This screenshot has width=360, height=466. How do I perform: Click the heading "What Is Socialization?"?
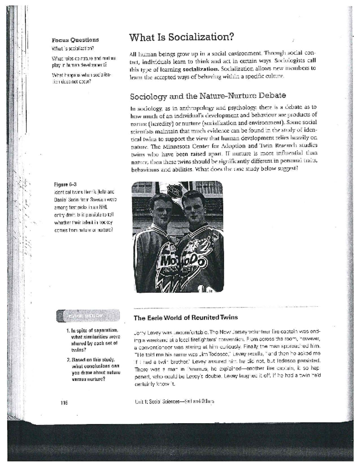click(x=181, y=38)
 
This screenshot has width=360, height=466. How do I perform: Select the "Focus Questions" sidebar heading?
click(x=75, y=40)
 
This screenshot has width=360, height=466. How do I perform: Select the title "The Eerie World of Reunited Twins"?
click(x=186, y=317)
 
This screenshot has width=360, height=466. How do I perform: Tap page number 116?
click(x=64, y=402)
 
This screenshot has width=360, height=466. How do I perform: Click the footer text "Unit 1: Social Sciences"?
click(x=155, y=401)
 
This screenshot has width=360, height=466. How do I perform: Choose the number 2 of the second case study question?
click(x=68, y=359)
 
